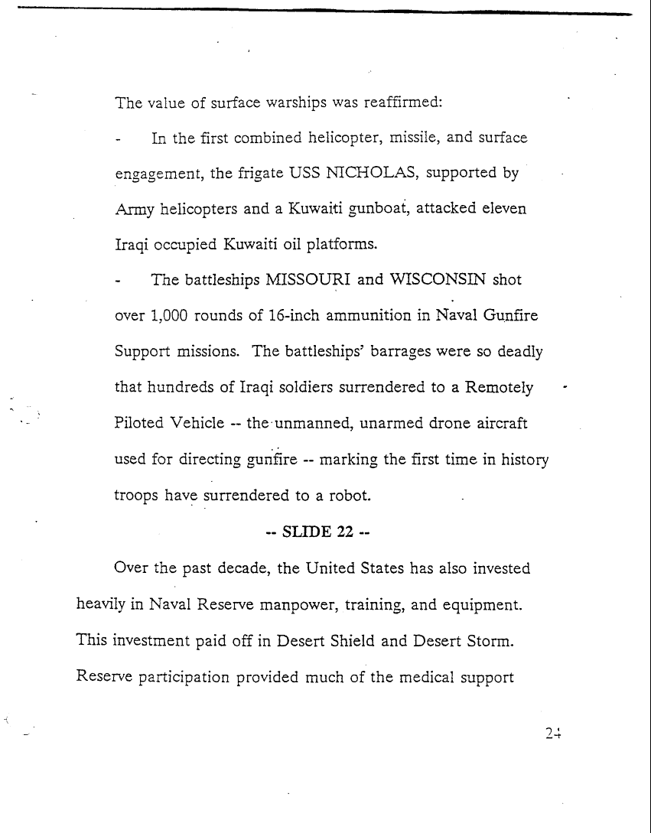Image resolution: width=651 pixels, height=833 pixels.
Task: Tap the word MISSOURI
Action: coord(308,279)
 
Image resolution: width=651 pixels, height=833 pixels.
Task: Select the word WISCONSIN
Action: coord(438,279)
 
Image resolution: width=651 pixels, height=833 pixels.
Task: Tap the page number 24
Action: coord(554,732)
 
